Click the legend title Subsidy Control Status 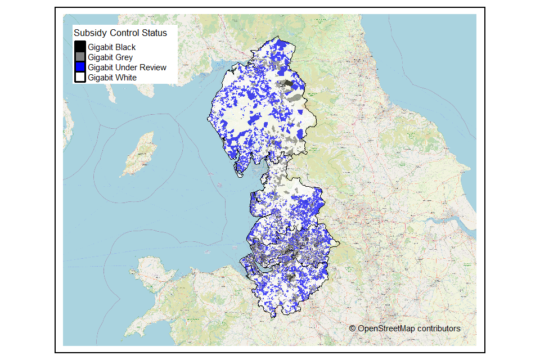coord(120,33)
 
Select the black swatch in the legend coord(80,47)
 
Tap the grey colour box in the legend coord(80,57)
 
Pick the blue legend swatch coord(80,67)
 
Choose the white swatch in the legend coord(80,77)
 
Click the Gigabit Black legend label coord(111,47)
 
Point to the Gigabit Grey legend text coord(110,57)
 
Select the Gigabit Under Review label coord(127,67)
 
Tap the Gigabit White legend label coord(112,78)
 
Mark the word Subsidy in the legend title coord(89,33)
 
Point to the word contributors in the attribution coord(439,328)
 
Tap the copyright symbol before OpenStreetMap coord(352,328)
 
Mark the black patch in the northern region coord(287,84)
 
